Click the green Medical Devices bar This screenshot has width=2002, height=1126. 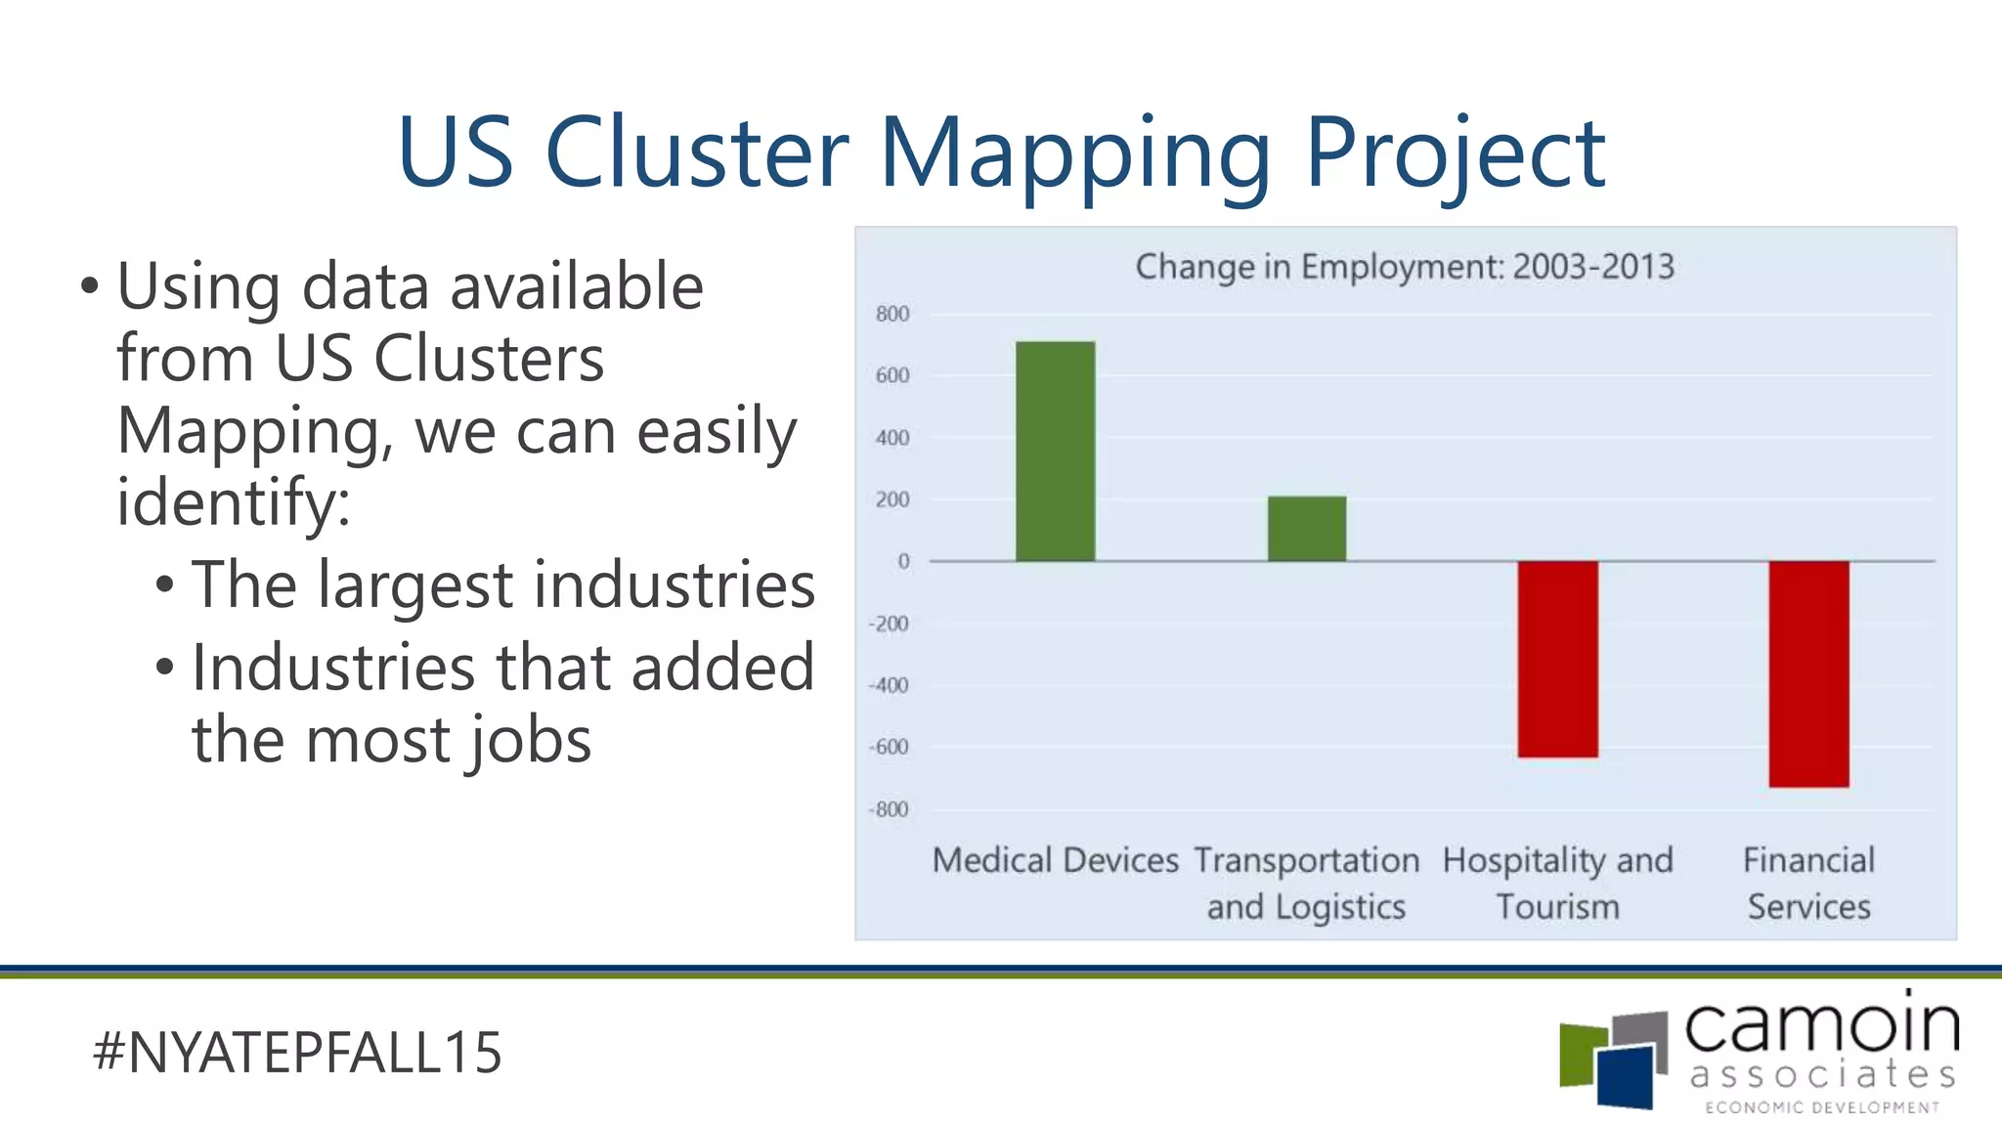point(1055,452)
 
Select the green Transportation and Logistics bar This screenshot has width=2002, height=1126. point(1306,529)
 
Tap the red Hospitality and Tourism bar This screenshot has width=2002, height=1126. point(1557,659)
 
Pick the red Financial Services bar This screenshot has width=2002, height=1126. point(1808,673)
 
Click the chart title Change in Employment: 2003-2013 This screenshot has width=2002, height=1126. point(1405,267)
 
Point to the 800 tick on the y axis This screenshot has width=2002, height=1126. point(892,315)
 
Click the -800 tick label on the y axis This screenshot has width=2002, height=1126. point(889,809)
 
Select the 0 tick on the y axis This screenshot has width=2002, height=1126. point(903,562)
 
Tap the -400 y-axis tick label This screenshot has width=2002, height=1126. point(889,685)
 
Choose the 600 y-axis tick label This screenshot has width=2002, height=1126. point(892,376)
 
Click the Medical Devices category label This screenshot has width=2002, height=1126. point(1055,860)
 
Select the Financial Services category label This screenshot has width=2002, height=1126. point(1808,883)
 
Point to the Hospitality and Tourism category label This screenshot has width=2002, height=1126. point(1557,883)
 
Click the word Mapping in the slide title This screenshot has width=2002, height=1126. point(1074,154)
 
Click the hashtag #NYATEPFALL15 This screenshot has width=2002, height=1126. point(297,1053)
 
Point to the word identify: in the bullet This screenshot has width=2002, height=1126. point(233,502)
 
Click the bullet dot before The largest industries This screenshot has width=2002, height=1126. point(165,585)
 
